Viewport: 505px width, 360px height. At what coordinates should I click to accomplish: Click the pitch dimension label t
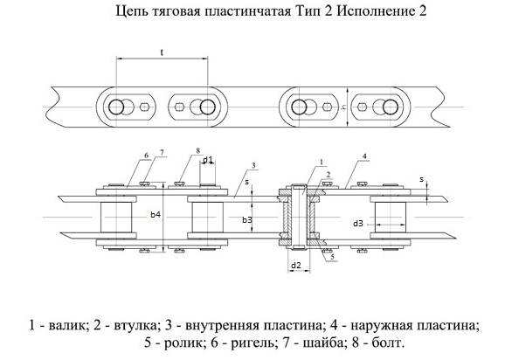[162, 52]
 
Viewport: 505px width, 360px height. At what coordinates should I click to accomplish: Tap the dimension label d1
[208, 159]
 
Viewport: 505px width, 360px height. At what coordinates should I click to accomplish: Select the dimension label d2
[296, 266]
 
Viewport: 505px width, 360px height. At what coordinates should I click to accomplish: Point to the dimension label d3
[358, 223]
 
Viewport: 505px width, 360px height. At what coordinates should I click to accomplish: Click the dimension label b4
[156, 214]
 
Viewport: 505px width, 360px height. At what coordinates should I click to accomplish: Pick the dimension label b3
[247, 219]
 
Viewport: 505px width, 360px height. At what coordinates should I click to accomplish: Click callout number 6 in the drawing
[147, 156]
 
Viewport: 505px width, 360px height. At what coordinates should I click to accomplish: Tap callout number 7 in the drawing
[163, 152]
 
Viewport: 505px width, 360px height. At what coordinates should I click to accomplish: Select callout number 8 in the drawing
[197, 150]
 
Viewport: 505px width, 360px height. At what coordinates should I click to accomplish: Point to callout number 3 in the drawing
[253, 165]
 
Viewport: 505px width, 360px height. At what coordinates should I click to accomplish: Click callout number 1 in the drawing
[321, 162]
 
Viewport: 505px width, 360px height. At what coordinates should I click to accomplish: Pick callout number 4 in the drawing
[364, 156]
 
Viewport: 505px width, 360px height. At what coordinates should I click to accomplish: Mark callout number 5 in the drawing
[333, 257]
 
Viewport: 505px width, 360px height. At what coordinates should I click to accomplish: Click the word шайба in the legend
[322, 343]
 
